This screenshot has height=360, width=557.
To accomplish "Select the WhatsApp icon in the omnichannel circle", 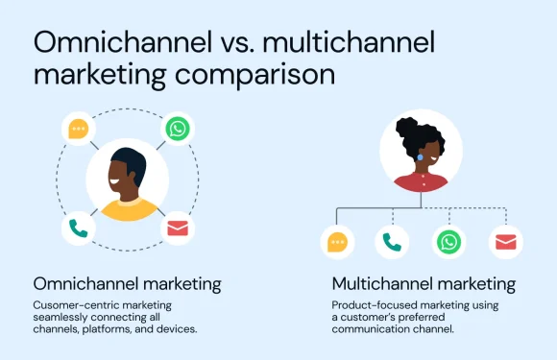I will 178,128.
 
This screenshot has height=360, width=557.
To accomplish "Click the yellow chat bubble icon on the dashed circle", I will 78,128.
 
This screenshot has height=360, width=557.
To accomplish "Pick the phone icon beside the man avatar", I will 78,228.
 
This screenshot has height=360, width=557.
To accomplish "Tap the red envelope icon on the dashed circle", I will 178,228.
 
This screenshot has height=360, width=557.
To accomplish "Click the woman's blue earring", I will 420,156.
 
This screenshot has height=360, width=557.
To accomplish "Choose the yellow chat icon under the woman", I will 337,243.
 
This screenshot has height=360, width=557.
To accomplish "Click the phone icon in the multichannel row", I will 392,243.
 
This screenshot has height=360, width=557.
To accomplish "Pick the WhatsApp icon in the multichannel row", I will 448,243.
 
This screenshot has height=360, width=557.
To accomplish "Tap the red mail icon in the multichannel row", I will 505,243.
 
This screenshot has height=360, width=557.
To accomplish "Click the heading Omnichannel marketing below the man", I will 128,284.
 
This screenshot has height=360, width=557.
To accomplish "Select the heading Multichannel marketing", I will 424,284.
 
